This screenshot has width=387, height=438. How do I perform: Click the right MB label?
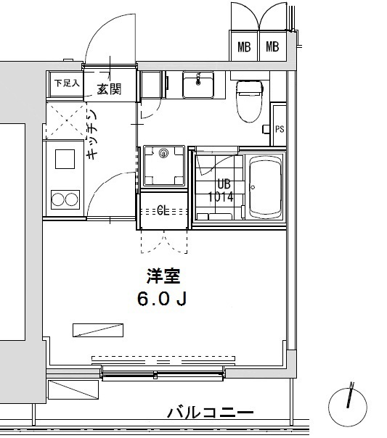272,48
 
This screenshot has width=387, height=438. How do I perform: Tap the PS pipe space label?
280,129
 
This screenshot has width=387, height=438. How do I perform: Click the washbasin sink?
196,84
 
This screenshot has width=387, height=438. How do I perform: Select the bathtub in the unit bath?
265,187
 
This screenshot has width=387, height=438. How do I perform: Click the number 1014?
220,196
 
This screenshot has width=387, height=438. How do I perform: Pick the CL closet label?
163,211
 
